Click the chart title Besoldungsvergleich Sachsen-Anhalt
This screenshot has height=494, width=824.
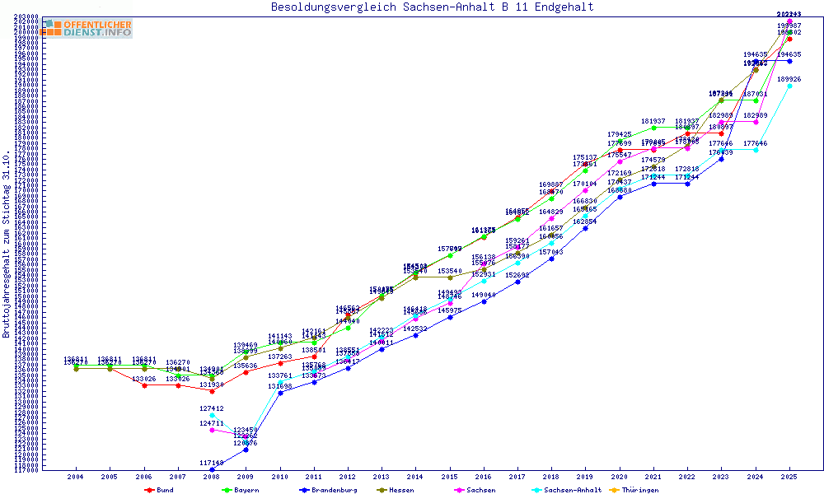click(432, 7)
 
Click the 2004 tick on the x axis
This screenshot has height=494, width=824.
click(76, 477)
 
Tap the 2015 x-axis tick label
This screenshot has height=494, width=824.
click(450, 477)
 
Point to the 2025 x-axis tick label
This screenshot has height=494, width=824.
click(789, 477)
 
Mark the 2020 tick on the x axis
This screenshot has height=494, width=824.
click(620, 477)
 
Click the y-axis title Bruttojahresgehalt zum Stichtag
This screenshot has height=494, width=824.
click(7, 244)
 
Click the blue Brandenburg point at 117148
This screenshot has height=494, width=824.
click(212, 470)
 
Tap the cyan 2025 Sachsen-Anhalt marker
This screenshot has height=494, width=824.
click(789, 86)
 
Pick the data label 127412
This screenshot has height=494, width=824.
click(212, 408)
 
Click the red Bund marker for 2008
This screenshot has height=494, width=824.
click(212, 390)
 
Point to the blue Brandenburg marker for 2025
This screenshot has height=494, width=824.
click(789, 61)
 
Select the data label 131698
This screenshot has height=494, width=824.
click(280, 386)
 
